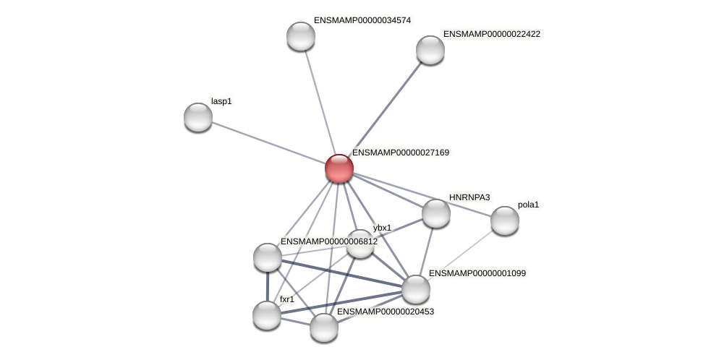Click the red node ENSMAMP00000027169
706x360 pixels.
339,168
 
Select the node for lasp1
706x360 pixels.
198,117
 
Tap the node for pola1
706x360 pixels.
504,220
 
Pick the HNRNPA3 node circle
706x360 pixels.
435,213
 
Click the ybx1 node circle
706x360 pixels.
360,244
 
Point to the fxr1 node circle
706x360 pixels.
267,314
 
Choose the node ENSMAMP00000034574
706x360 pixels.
301,36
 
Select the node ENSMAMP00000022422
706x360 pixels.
430,50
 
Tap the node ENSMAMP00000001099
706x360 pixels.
415,289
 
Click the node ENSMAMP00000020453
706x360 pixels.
323,327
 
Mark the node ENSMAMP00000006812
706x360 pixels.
267,257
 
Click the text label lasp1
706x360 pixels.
221,101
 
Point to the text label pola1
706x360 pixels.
528,205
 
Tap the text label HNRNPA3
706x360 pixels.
469,197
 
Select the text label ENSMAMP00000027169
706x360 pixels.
401,153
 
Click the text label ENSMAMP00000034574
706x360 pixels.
362,20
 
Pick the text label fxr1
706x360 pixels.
287,299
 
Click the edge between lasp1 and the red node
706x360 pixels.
268,142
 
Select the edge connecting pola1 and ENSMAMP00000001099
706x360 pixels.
460,254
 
